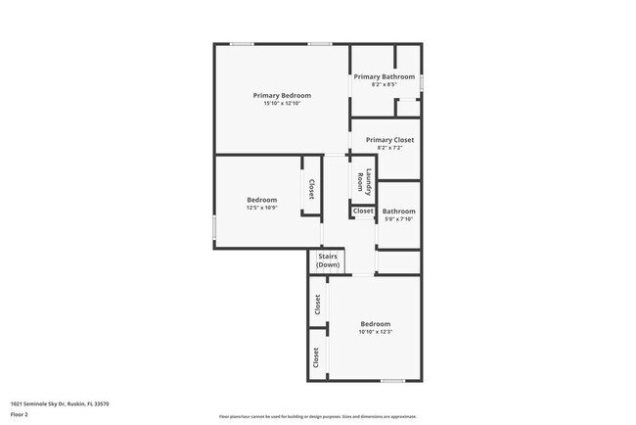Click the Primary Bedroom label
(x=282, y=95)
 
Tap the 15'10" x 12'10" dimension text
(x=282, y=104)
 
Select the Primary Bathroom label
(x=384, y=76)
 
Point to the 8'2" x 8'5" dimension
(x=384, y=84)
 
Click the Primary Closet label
(x=384, y=140)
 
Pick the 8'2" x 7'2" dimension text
(x=384, y=148)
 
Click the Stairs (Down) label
(x=328, y=260)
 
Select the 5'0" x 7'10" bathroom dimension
(x=398, y=219)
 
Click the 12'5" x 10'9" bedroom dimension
(x=262, y=208)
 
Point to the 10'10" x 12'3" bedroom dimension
(x=375, y=332)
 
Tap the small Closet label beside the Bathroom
(x=363, y=212)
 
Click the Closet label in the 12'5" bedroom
(x=311, y=189)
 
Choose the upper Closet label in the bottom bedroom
(x=317, y=305)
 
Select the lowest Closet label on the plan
(x=316, y=357)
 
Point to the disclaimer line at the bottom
(x=317, y=415)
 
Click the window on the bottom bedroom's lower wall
(x=392, y=381)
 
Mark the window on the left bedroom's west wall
(x=214, y=227)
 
